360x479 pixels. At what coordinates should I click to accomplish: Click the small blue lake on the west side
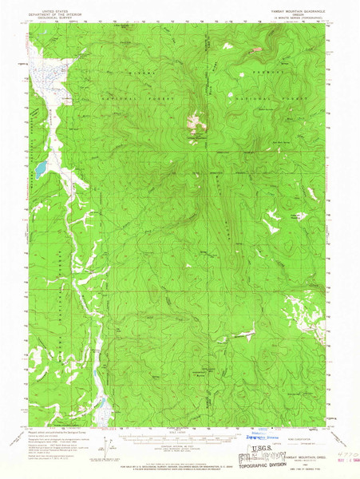[38, 169]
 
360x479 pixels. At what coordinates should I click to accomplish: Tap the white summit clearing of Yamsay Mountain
[193, 124]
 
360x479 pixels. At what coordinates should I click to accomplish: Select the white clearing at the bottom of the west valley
[102, 412]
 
